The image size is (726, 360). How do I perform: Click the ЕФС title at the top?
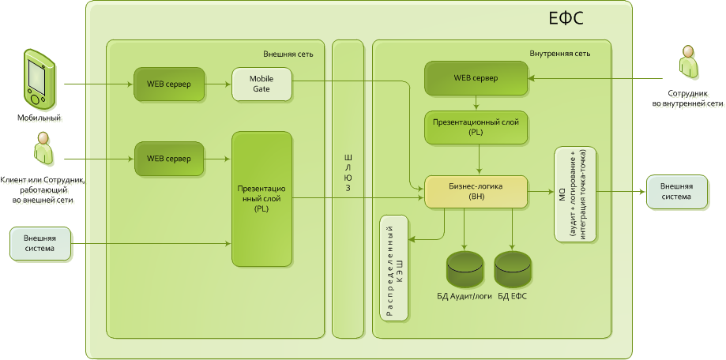[x=566, y=19]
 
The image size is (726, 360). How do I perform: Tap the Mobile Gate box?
[x=261, y=84]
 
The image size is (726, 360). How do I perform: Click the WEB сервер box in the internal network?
[x=476, y=80]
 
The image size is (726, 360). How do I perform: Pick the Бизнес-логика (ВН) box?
[x=476, y=192]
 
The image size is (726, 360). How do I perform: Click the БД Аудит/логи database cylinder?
[x=465, y=270]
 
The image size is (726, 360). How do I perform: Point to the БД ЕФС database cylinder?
[x=513, y=270]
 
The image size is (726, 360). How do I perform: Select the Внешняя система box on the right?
[x=676, y=192]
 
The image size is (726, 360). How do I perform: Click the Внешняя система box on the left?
[x=39, y=243]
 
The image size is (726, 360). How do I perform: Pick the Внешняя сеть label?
[x=288, y=54]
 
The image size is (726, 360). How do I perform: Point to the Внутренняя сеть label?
[x=560, y=54]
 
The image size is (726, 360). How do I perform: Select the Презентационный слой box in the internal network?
[x=476, y=128]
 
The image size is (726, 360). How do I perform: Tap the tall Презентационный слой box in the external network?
[x=261, y=199]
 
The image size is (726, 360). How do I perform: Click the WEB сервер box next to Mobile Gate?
[x=168, y=84]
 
